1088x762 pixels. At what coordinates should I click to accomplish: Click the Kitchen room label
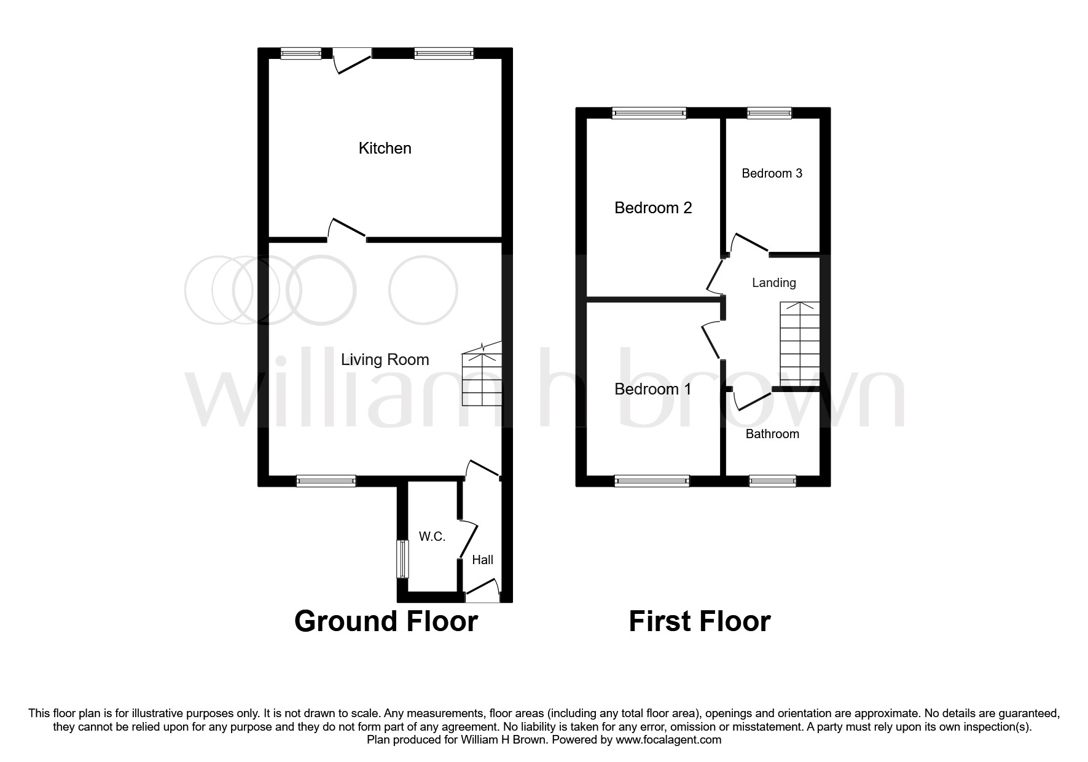[385, 148]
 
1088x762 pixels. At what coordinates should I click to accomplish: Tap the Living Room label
[385, 359]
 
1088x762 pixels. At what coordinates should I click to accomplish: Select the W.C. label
[432, 536]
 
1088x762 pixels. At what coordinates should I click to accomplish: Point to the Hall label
[482, 560]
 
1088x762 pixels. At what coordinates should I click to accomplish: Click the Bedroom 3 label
[772, 173]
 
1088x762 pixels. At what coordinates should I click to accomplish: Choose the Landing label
[773, 283]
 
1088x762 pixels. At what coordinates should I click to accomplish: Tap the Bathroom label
[772, 434]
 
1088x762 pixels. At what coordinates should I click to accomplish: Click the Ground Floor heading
[386, 621]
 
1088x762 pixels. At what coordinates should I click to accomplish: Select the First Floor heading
[699, 621]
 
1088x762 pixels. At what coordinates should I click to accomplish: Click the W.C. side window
[402, 559]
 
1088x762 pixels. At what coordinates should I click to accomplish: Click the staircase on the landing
[800, 344]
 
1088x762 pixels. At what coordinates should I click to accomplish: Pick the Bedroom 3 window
[769, 113]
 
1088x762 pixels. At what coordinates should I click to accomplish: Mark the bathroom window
[772, 481]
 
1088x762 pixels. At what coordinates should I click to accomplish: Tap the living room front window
[326, 481]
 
